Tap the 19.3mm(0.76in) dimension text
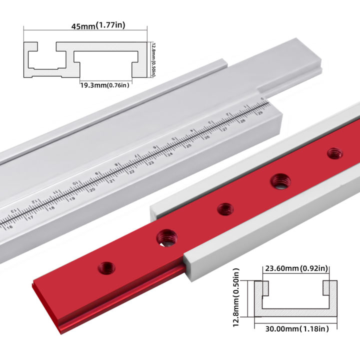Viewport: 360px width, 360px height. (x=104, y=85)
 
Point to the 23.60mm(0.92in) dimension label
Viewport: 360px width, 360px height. (x=295, y=268)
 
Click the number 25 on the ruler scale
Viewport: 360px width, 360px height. (x=189, y=146)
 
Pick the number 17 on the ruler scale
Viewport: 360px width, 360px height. (x=32, y=217)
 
